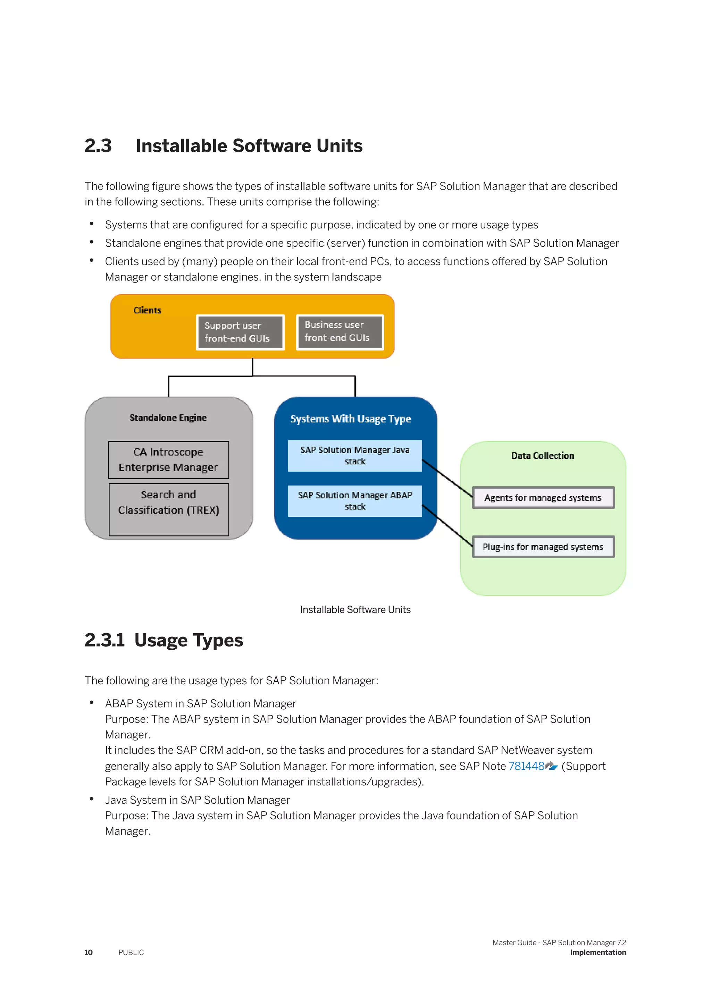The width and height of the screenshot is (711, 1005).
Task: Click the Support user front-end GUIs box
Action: click(x=240, y=332)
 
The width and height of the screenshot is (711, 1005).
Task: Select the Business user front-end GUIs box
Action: click(x=340, y=332)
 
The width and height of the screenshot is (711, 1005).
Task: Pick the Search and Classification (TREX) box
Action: click(x=169, y=509)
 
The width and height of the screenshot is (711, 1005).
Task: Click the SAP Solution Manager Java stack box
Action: click(x=354, y=456)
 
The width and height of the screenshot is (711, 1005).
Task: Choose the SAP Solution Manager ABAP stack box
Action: click(x=354, y=501)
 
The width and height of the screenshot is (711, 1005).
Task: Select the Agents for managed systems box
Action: click(x=543, y=498)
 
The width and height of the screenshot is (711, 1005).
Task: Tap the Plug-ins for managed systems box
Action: click(x=543, y=547)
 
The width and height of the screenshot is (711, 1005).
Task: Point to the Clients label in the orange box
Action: click(x=147, y=310)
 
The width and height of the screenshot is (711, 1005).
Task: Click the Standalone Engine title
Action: click(x=168, y=417)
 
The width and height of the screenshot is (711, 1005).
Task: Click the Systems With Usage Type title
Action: click(x=351, y=419)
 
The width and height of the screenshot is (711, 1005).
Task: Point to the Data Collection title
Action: click(x=542, y=456)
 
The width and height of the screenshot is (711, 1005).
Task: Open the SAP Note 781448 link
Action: click(x=526, y=766)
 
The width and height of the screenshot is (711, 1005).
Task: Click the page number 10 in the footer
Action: click(x=89, y=953)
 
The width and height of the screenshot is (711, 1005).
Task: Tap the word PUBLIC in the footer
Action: click(x=131, y=953)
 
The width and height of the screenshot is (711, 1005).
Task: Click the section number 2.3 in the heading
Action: click(x=98, y=146)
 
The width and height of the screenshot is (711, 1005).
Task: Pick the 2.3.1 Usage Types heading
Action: click(x=164, y=640)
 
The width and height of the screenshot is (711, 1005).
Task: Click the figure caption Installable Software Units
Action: click(x=355, y=610)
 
